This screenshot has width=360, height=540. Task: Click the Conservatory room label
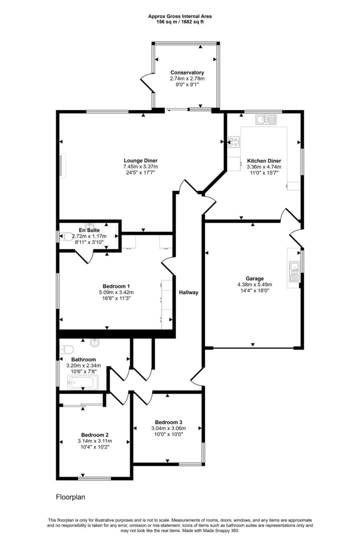click(x=187, y=73)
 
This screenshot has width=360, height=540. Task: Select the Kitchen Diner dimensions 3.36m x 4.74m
click(x=264, y=166)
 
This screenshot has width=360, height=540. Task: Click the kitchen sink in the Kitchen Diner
click(x=265, y=120)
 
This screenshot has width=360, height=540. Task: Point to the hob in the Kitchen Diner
click(x=234, y=141)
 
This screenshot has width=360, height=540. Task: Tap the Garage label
click(x=255, y=278)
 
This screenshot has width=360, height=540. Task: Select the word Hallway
click(x=188, y=292)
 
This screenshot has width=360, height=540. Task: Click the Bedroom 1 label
click(x=116, y=286)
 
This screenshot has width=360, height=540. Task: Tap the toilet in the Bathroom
click(x=66, y=350)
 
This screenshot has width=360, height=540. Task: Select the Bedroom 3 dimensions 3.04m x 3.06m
click(x=168, y=428)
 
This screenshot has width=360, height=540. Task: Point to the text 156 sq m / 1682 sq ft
click(x=180, y=22)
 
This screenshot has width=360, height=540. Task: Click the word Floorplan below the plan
click(x=70, y=496)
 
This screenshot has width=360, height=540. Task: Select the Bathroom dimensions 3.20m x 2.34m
click(x=83, y=366)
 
